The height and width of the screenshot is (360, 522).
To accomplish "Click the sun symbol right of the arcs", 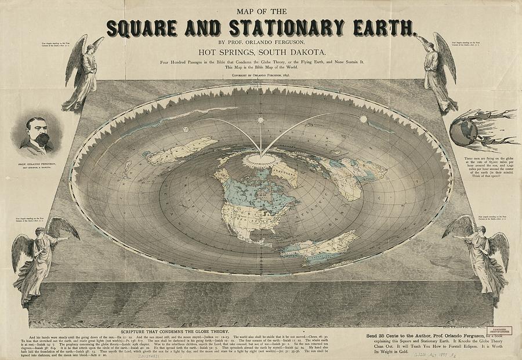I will click(364, 119).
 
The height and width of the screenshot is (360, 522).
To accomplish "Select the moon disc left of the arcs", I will click(185, 129).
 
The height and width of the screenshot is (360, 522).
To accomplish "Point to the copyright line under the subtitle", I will click(260, 75).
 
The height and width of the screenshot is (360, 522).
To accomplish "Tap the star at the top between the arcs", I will click(260, 120).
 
